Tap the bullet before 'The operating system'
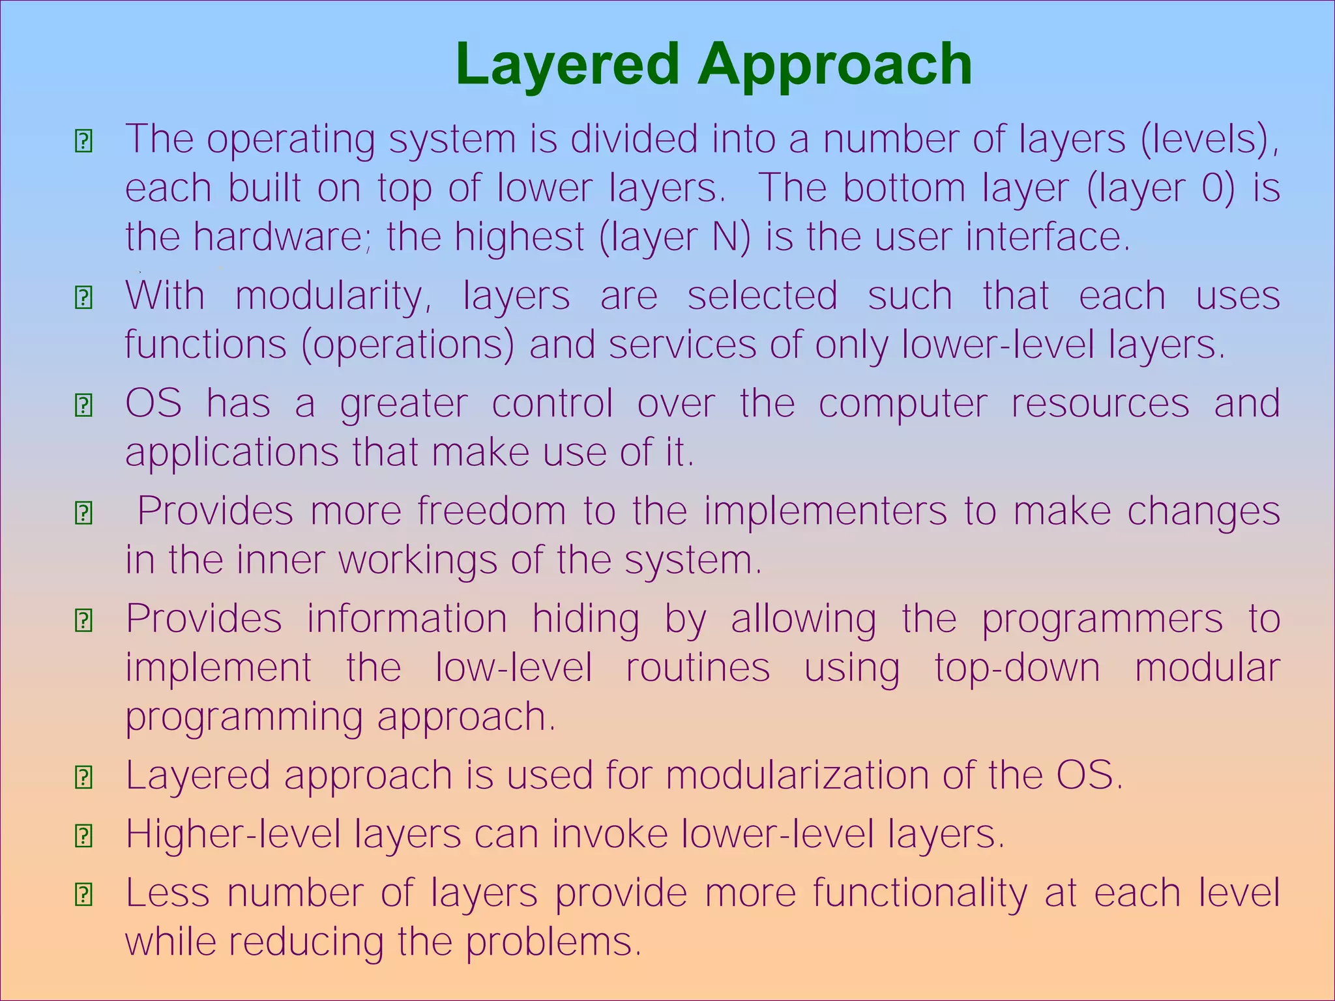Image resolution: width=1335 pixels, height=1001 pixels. (x=83, y=141)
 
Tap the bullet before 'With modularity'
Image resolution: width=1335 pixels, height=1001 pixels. (x=83, y=298)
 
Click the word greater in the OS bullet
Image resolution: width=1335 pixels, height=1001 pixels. (x=403, y=405)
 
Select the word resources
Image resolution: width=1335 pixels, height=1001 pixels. (x=1100, y=403)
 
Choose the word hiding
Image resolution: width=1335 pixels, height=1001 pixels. (x=585, y=619)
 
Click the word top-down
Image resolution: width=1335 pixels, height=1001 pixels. (x=1018, y=668)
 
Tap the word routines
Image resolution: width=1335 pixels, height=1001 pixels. (x=698, y=668)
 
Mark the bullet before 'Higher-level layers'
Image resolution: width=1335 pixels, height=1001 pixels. (x=83, y=835)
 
